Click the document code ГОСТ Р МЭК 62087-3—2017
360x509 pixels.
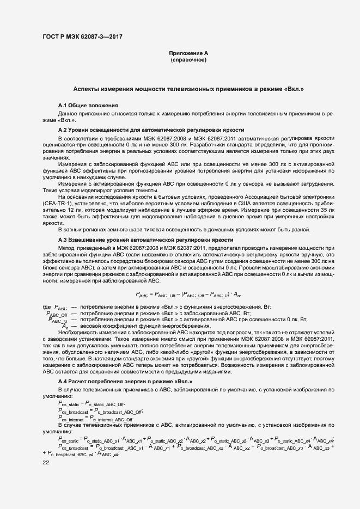[x=82, y=36]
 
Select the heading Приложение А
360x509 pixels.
[x=188, y=53]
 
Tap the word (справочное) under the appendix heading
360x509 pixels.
[x=188, y=59]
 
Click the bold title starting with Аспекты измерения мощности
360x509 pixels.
[x=188, y=88]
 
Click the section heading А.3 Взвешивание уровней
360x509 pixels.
[x=145, y=240]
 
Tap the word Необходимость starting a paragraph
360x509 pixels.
[x=77, y=332]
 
